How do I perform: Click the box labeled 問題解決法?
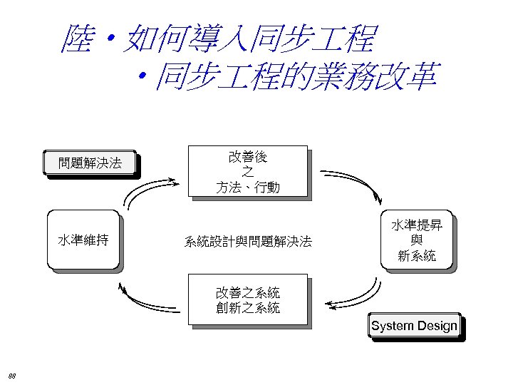pyautogui.click(x=90, y=163)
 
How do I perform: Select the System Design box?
pyautogui.click(x=414, y=326)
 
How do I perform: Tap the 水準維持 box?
pyautogui.click(x=83, y=240)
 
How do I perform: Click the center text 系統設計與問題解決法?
pyautogui.click(x=248, y=242)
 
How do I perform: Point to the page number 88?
pyautogui.click(x=13, y=375)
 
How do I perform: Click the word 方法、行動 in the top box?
pyautogui.click(x=248, y=188)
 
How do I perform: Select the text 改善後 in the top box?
pyautogui.click(x=248, y=156)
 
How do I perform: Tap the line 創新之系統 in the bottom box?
pyautogui.click(x=248, y=308)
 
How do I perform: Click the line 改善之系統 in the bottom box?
pyautogui.click(x=248, y=292)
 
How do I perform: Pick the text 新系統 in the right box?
pyautogui.click(x=417, y=256)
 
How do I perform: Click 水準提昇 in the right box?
pyautogui.click(x=417, y=225)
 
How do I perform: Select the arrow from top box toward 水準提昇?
pyautogui.click(x=353, y=182)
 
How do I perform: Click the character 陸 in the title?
pyautogui.click(x=78, y=39)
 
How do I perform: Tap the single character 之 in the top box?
pyautogui.click(x=248, y=172)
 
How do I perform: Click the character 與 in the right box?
pyautogui.click(x=417, y=240)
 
